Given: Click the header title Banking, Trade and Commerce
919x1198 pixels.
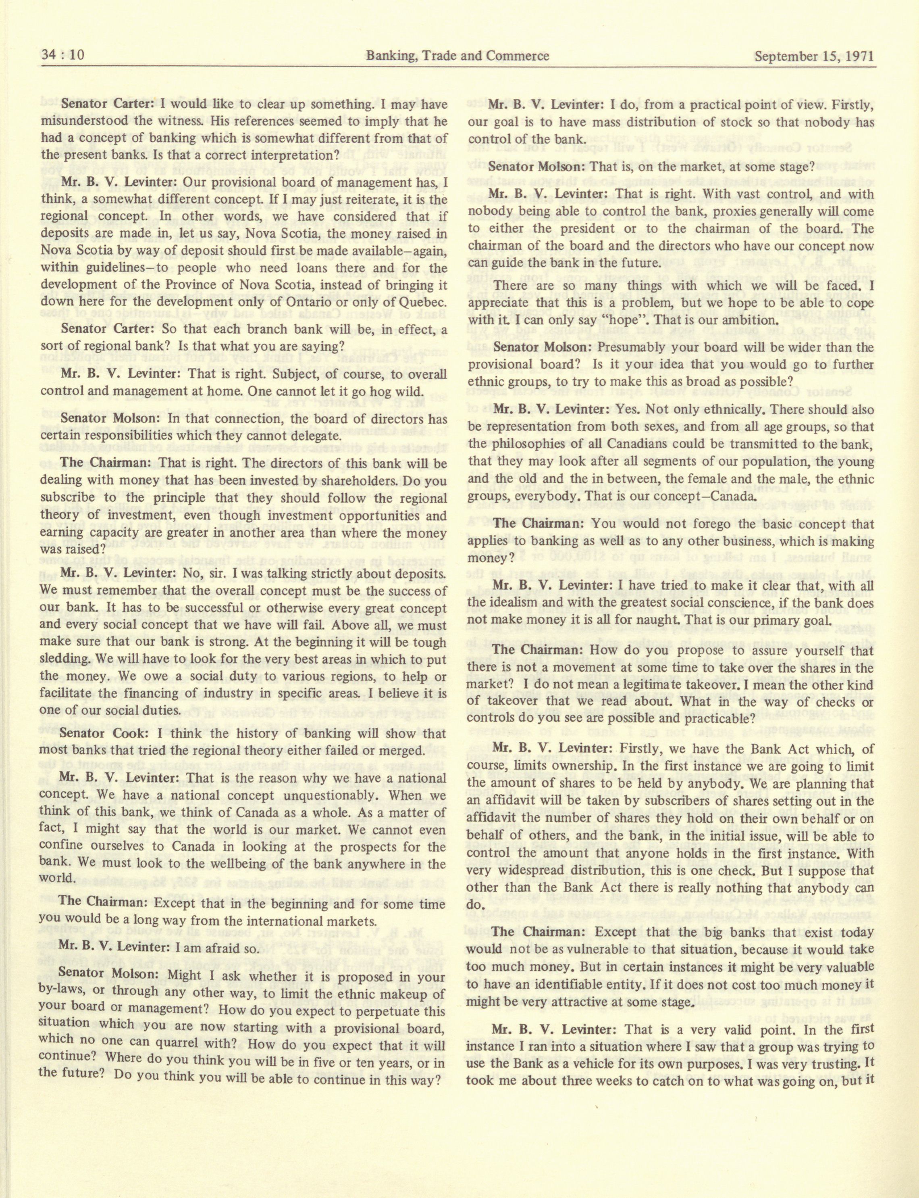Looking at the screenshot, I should point(457,56).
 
